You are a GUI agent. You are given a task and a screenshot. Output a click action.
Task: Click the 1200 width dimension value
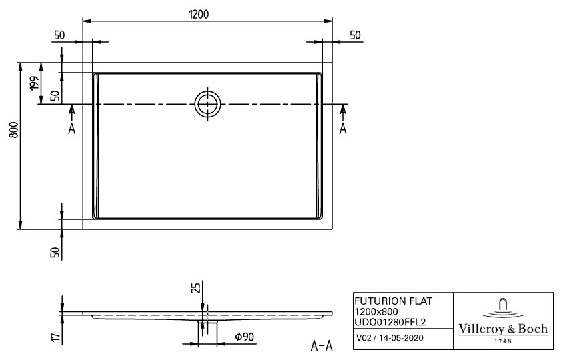[x=208, y=13]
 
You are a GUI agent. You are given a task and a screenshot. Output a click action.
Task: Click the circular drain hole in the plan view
[x=207, y=103]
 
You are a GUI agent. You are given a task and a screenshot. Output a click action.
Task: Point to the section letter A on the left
[x=72, y=128]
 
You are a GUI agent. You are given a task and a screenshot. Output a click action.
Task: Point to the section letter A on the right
[x=343, y=128]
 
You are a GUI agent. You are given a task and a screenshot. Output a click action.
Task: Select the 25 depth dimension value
[x=195, y=288]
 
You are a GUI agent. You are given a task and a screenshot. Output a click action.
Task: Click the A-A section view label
[x=322, y=345]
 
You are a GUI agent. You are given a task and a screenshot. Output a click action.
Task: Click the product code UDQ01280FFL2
[x=389, y=321]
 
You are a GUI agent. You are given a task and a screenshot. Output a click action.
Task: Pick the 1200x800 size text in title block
[x=377, y=311]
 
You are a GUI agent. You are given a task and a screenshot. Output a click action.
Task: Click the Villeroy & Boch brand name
[x=504, y=329]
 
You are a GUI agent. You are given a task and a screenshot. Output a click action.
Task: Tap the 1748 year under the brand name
[x=504, y=341]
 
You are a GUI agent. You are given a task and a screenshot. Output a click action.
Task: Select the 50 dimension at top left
[x=59, y=35]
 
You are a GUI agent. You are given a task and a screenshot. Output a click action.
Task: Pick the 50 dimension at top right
[x=355, y=35]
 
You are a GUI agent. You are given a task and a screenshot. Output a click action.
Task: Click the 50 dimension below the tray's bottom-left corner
[x=57, y=251]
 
